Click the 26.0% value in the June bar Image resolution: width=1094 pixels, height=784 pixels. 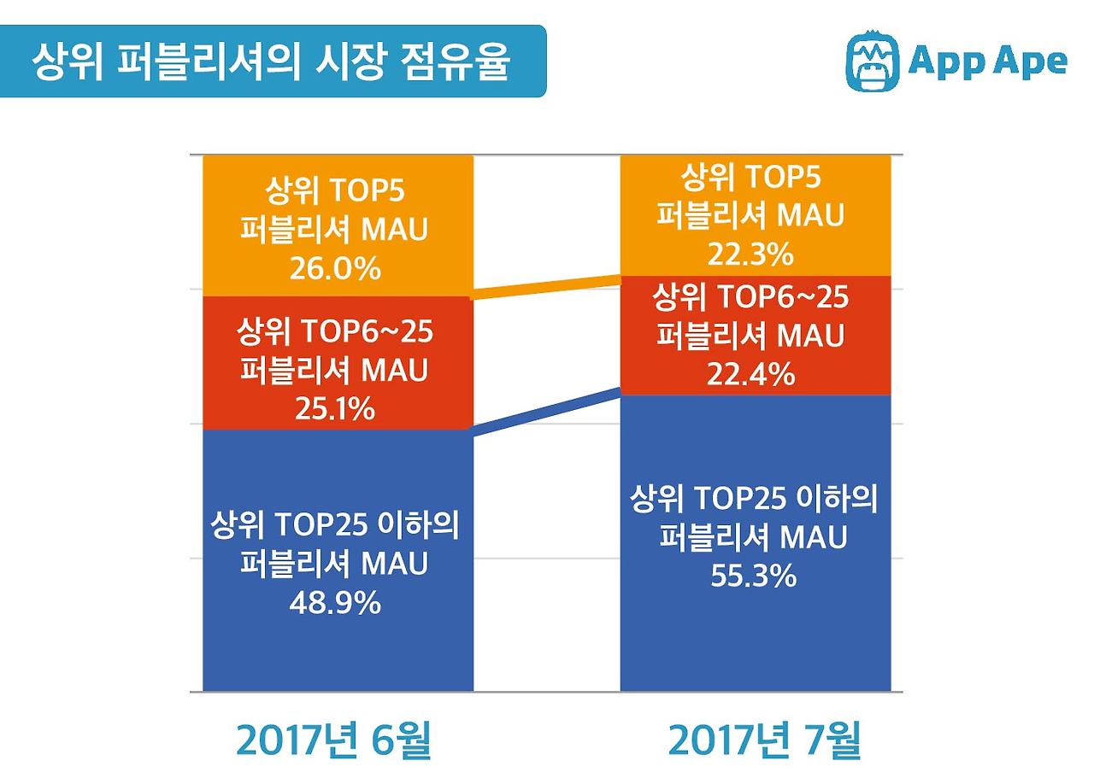(334, 270)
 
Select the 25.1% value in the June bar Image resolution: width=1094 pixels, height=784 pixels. (334, 409)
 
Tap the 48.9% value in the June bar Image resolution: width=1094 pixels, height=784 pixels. (334, 604)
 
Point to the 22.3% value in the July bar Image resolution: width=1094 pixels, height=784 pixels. (750, 254)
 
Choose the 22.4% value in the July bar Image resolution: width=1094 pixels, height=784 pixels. (750, 374)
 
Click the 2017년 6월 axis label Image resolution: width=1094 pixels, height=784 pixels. (334, 740)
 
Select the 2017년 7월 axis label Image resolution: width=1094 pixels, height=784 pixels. (764, 740)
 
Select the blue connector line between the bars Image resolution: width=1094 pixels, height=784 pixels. (547, 412)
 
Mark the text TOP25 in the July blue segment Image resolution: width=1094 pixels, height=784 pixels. (740, 499)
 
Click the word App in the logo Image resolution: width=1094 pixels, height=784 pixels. (944, 62)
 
